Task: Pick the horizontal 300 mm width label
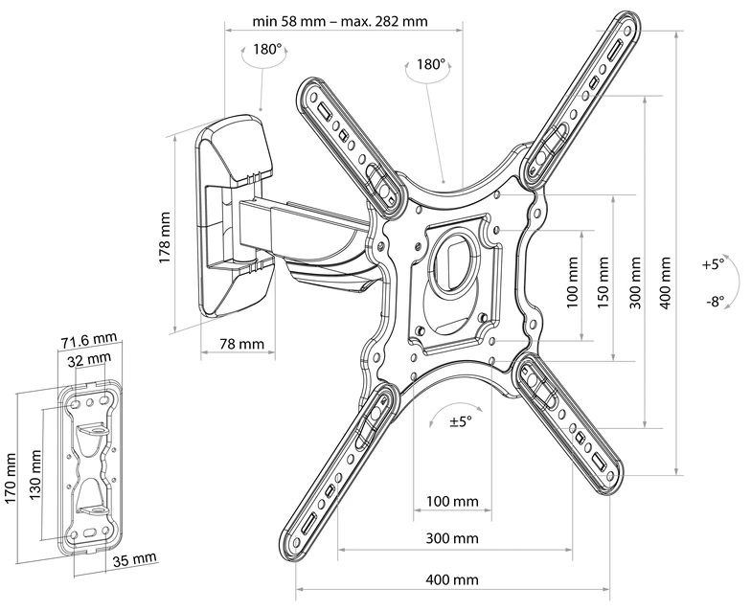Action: pyautogui.click(x=452, y=538)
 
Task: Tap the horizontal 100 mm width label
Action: pyautogui.click(x=452, y=502)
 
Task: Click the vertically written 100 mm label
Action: pyautogui.click(x=572, y=283)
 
